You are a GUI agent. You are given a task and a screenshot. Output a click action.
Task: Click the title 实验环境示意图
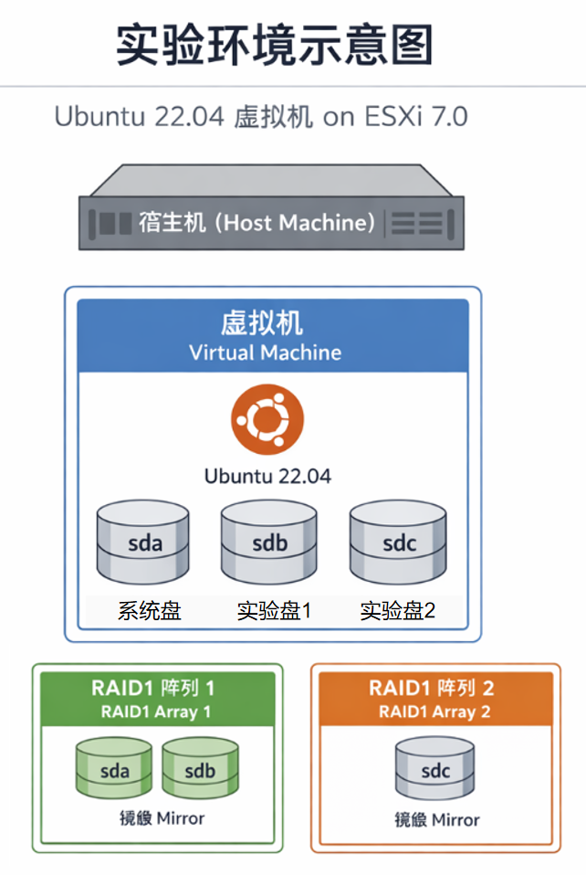coord(274,45)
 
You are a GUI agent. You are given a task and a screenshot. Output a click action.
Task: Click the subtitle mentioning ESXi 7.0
coord(261,117)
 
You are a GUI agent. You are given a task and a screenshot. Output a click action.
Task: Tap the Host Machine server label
coord(256,222)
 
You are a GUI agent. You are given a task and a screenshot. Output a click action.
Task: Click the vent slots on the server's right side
coord(419,222)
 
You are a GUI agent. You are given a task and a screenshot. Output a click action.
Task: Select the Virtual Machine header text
coord(265,353)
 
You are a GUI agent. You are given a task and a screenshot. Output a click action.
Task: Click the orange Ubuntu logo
coord(267,421)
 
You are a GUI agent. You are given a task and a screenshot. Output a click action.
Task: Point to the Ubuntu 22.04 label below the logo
coord(267,476)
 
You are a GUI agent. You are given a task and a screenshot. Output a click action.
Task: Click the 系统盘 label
coord(149,611)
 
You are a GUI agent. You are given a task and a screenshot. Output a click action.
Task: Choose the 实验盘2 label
coord(397,611)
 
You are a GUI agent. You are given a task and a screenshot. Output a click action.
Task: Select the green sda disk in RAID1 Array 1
coord(114,769)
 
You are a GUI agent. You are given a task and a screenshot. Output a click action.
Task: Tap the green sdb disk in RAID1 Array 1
coord(200,769)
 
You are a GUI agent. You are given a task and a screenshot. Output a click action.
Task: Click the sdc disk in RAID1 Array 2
coord(435,769)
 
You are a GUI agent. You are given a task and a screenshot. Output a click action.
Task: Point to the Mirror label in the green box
coord(162,818)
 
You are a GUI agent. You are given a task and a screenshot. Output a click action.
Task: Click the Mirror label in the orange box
coord(436,819)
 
